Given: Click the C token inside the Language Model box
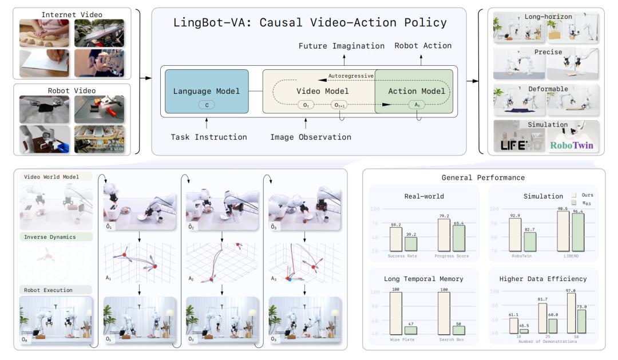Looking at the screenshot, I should pyautogui.click(x=207, y=105).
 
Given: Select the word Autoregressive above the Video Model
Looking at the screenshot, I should pyautogui.click(x=350, y=76).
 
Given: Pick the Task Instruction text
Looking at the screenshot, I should pyautogui.click(x=208, y=137).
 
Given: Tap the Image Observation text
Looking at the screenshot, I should pyautogui.click(x=311, y=137).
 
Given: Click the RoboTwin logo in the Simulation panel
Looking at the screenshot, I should pyautogui.click(x=571, y=145).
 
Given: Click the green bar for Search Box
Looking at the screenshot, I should pyautogui.click(x=459, y=330).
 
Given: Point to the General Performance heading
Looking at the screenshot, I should pyautogui.click(x=484, y=177).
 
